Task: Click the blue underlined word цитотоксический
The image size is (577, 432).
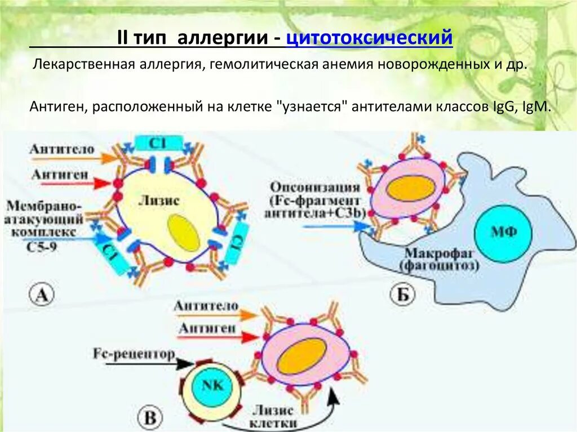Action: [370, 38]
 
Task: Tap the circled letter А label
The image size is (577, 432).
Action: [41, 295]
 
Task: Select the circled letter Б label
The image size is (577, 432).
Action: [402, 294]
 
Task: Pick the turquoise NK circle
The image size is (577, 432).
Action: [211, 385]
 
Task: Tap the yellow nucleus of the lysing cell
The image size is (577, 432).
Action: [184, 232]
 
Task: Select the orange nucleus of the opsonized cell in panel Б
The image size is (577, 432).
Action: [410, 189]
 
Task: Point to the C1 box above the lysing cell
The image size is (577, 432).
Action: [158, 143]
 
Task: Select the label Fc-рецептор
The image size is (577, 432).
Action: [133, 354]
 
